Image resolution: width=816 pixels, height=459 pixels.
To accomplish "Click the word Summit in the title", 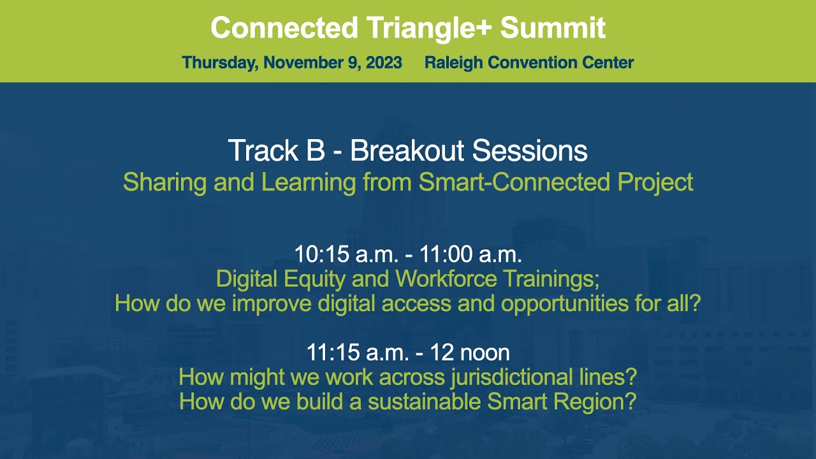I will pyautogui.click(x=553, y=28).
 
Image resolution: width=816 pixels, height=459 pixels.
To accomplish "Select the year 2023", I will pyautogui.click(x=384, y=62).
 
